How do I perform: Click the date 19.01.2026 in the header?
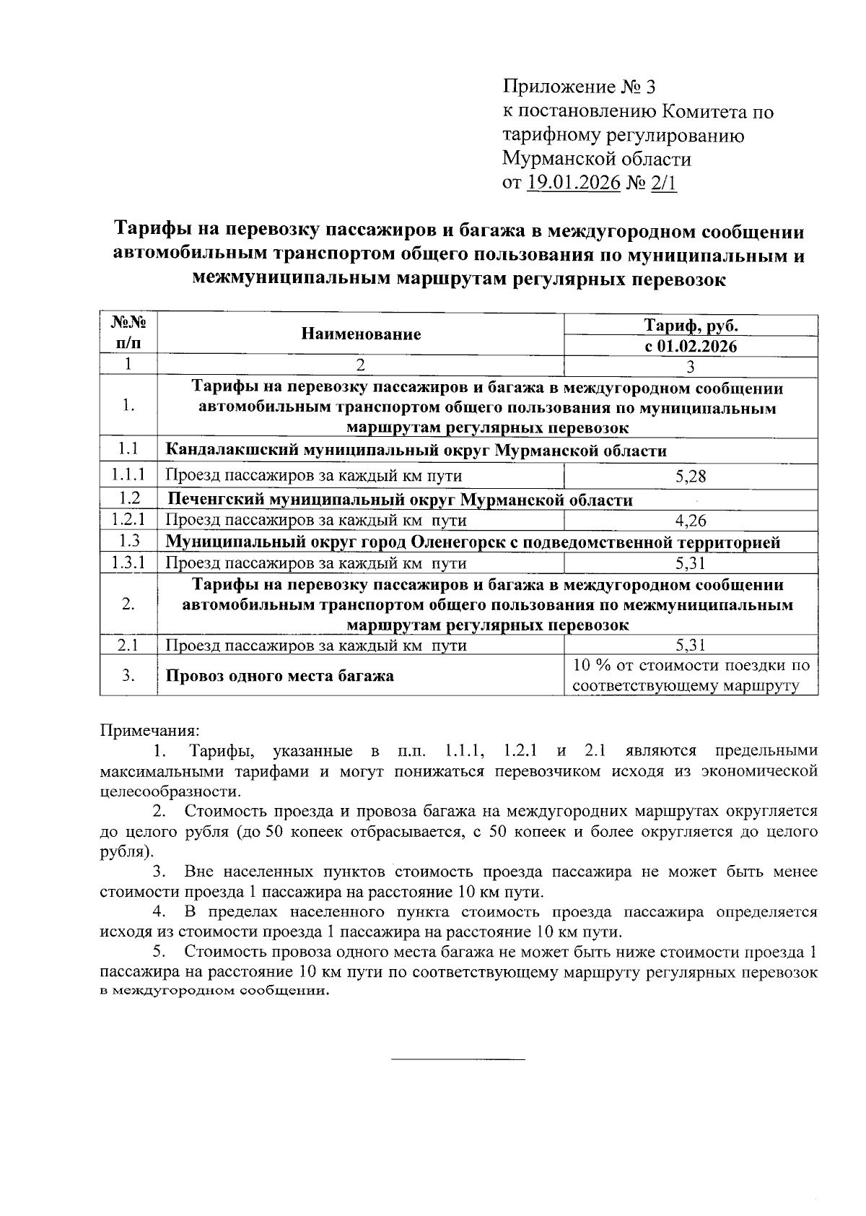pos(574,182)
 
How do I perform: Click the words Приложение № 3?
pos(579,87)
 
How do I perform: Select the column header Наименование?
pos(361,334)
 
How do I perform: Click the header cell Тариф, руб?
pos(690,325)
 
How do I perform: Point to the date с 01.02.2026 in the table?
pos(690,346)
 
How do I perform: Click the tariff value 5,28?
pos(690,475)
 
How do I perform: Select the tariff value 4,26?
pos(690,520)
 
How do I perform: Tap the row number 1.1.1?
pos(128,475)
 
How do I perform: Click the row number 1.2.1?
pos(128,520)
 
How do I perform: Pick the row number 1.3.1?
pos(128,563)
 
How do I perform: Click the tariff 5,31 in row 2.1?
pos(690,645)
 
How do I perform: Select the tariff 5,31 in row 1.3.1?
pos(690,563)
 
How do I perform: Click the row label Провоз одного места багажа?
pos(280,676)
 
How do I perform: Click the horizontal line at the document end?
pos(458,1059)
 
